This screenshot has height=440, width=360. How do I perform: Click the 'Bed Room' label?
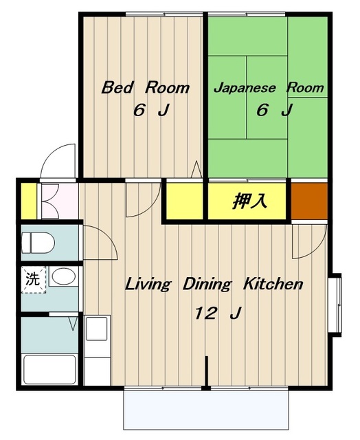click(x=145, y=87)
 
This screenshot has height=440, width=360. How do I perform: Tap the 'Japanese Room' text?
click(x=269, y=87)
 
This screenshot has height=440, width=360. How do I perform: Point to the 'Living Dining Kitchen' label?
click(x=214, y=284)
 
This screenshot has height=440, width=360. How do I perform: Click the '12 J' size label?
click(x=218, y=313)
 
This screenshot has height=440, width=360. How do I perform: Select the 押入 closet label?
click(x=249, y=201)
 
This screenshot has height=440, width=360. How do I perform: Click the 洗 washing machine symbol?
click(x=34, y=280)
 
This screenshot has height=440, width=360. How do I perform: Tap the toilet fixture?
click(x=38, y=243)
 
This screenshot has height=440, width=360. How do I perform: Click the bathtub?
click(x=50, y=369)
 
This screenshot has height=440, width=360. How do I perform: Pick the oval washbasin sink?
click(x=64, y=276)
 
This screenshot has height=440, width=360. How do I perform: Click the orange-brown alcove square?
click(x=309, y=201)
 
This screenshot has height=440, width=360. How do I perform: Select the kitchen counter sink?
click(x=96, y=329)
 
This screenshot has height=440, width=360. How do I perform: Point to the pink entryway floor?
click(x=60, y=201)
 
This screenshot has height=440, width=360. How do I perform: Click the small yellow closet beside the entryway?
click(x=29, y=201)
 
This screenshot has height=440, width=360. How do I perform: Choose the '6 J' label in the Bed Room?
click(x=152, y=110)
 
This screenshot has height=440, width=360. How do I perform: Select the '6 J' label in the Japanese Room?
click(x=275, y=110)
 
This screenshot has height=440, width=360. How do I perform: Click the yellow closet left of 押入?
click(x=185, y=201)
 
